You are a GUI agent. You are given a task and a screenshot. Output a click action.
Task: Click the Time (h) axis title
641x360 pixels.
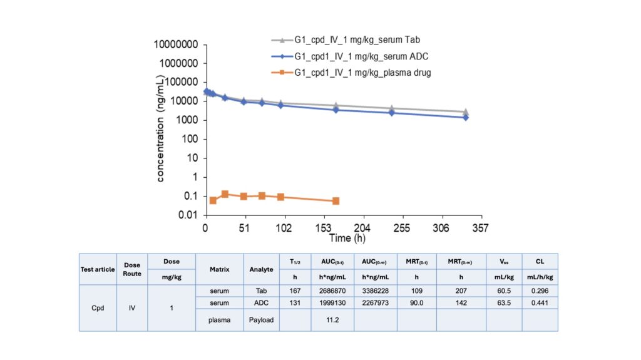[349, 239]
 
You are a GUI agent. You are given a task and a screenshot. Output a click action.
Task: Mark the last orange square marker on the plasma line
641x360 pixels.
[336, 201]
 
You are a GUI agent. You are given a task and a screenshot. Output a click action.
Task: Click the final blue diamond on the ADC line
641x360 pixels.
[466, 117]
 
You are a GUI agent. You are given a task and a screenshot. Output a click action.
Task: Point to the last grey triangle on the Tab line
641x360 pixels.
[466, 111]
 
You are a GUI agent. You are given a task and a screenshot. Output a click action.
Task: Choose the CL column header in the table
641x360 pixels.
[540, 261]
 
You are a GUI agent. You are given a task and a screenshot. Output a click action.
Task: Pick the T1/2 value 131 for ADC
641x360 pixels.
[295, 303]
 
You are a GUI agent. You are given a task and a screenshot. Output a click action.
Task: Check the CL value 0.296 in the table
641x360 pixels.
[540, 291]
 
